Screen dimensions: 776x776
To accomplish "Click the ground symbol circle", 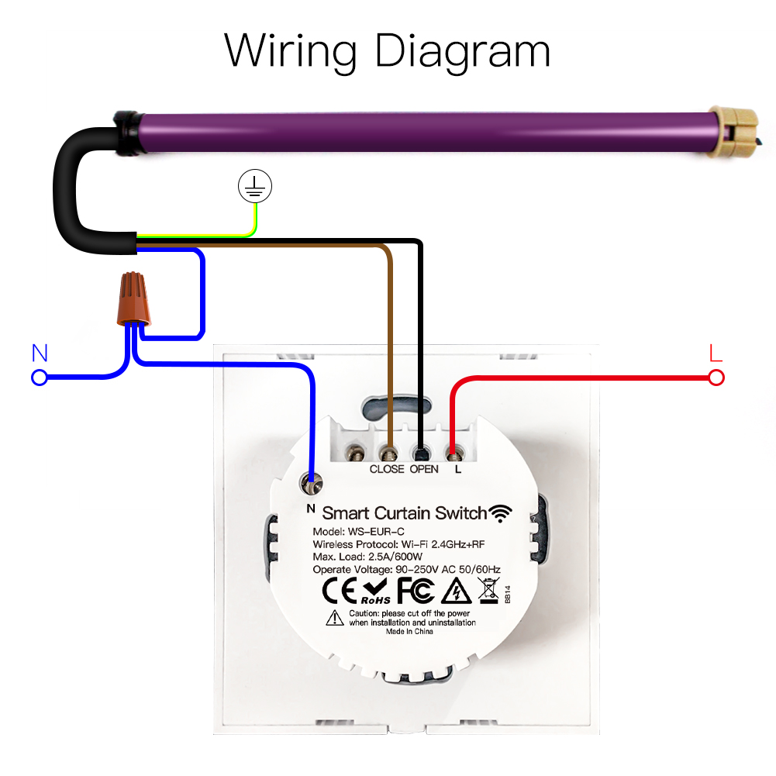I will [x=255, y=186].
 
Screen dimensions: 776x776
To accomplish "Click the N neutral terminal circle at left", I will [x=40, y=378].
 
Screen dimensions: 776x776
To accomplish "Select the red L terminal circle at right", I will [x=716, y=378].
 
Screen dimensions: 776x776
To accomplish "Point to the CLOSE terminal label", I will [x=387, y=469].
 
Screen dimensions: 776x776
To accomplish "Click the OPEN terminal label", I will [x=424, y=469].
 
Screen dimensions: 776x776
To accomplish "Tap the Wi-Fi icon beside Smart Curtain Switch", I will [x=501, y=512].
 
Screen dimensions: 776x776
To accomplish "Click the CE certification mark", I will [x=340, y=591].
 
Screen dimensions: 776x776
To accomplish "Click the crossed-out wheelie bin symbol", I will [x=488, y=590].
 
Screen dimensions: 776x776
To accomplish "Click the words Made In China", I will [x=409, y=632].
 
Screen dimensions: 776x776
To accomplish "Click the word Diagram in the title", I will [x=461, y=52].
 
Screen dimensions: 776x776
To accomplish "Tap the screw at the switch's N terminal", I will [x=312, y=487].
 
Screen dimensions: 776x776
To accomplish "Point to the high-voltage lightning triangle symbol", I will [x=456, y=591].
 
